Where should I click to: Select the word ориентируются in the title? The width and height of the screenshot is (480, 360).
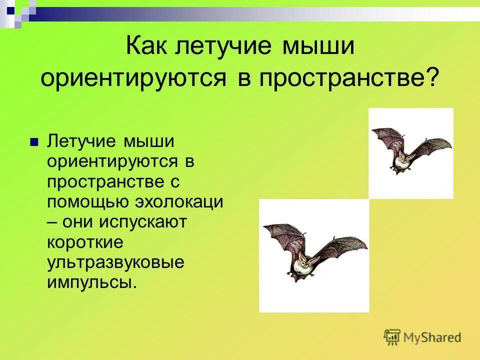click(134, 78)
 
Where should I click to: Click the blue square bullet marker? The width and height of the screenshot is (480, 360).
click(34, 142)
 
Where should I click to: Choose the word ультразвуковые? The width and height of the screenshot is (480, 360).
click(115, 262)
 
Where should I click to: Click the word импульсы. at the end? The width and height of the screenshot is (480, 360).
click(91, 282)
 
